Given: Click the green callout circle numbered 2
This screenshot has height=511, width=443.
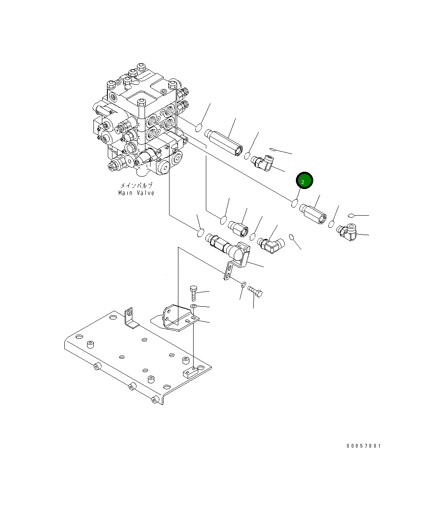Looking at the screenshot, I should point(304,181).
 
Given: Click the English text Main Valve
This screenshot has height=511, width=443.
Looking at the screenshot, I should point(136,193).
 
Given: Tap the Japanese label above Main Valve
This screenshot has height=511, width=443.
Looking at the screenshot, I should point(136,185).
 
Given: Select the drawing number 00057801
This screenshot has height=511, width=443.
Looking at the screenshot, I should point(364,446).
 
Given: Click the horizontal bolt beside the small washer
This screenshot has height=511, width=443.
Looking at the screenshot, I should point(255,291).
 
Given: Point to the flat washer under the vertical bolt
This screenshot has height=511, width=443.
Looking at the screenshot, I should point(193,306).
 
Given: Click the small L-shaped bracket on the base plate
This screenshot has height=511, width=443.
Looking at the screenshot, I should point(131,319).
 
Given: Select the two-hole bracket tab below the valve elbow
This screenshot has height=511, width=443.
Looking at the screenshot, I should point(228,271).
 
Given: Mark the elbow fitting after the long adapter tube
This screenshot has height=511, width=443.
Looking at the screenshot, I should point(263,162).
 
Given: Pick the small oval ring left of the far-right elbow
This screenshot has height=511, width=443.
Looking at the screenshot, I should point(351,216).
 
